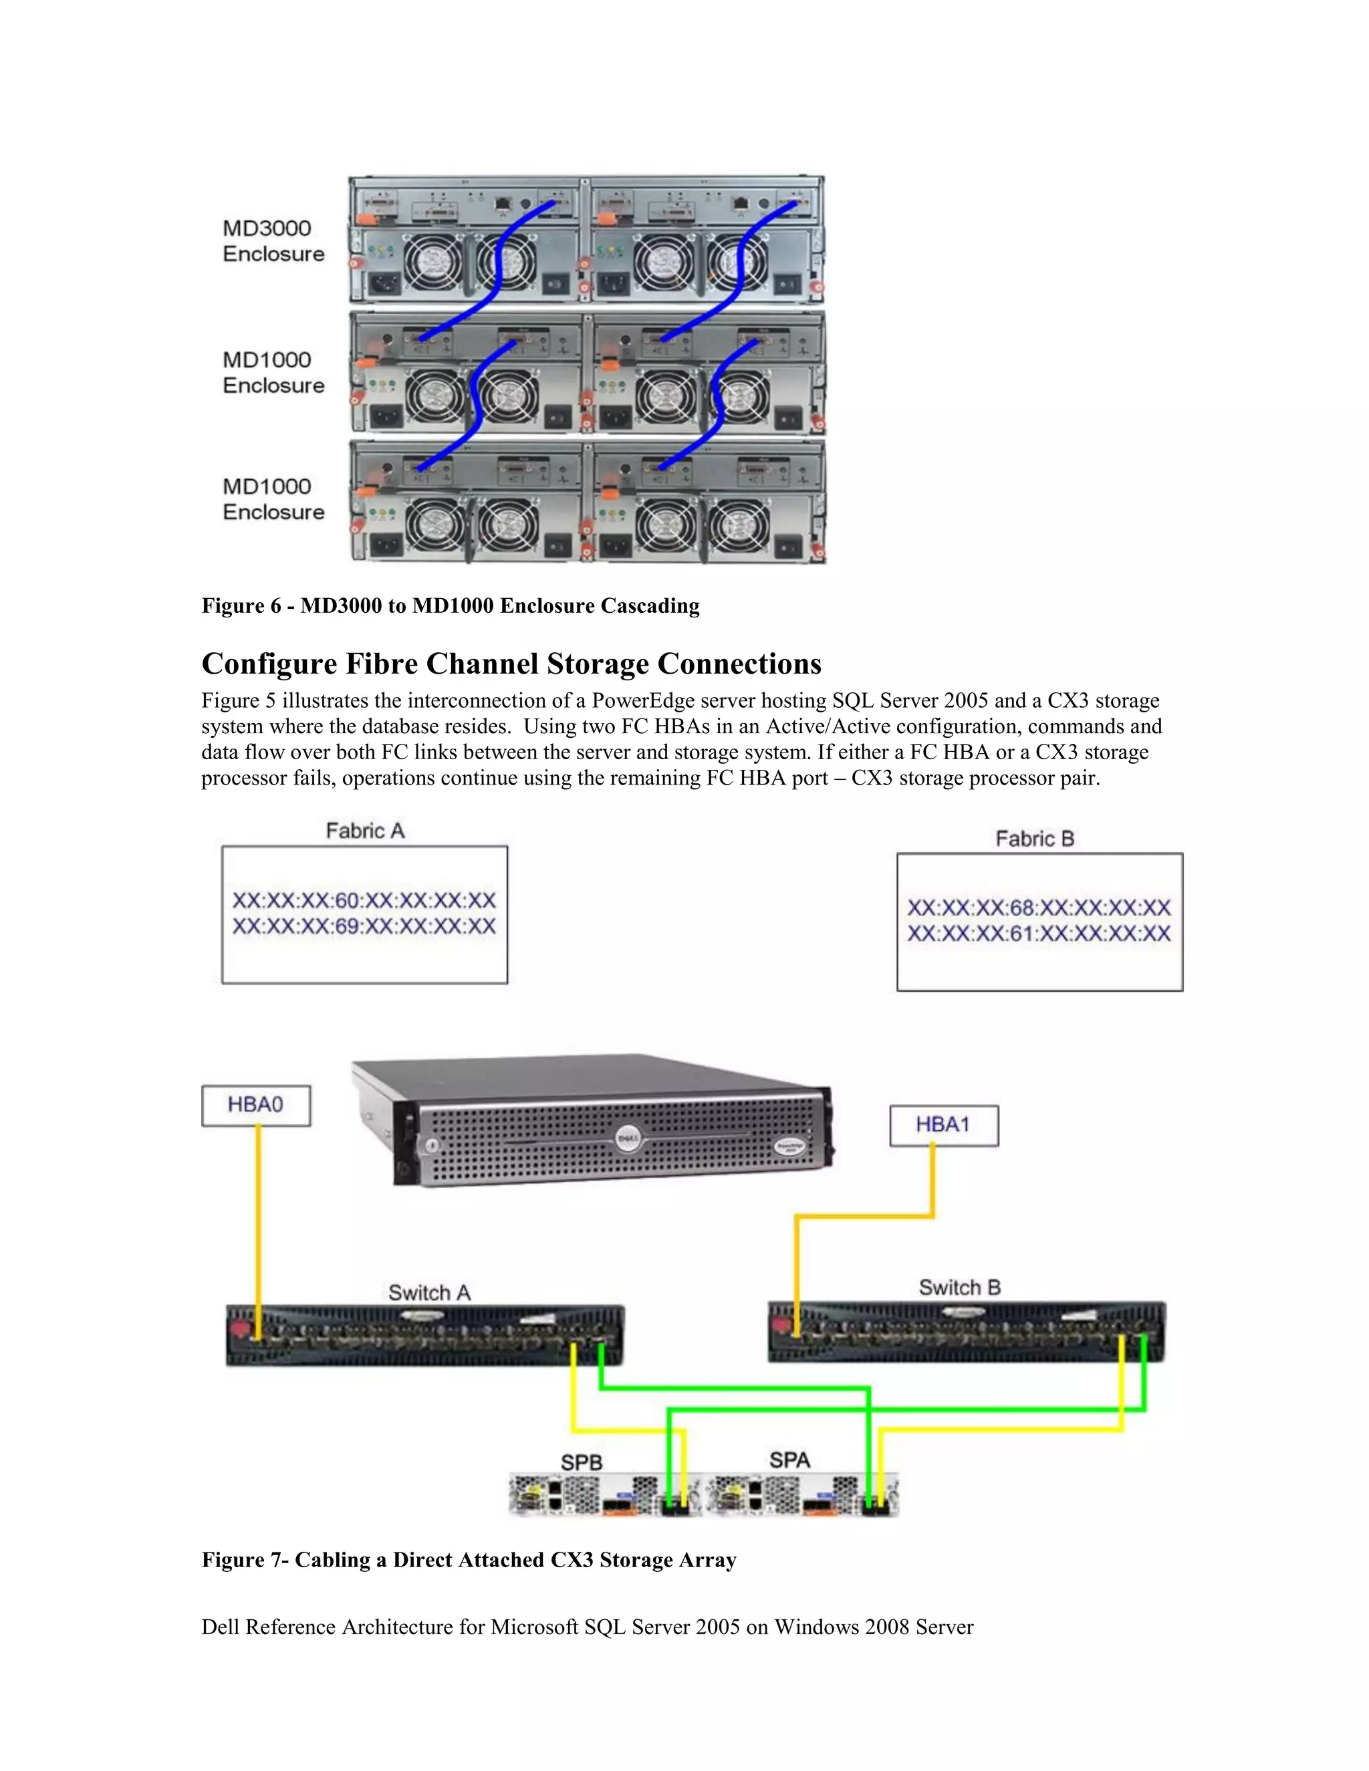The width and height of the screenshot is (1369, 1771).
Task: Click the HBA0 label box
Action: (255, 1105)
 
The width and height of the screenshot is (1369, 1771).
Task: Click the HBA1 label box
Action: (943, 1125)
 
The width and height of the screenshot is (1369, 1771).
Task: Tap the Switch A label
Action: (429, 1292)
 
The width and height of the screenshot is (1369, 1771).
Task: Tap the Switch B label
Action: (959, 1288)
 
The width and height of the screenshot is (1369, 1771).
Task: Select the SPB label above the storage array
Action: (582, 1462)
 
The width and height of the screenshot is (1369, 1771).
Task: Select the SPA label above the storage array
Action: (789, 1460)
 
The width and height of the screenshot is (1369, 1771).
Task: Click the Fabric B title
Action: (1035, 839)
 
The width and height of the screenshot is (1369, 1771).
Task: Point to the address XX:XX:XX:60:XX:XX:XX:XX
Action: (364, 901)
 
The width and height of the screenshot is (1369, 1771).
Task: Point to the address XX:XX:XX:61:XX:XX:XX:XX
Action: (1039, 934)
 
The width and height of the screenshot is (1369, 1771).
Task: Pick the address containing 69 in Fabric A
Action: (364, 927)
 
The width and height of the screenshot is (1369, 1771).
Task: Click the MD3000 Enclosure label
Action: (273, 241)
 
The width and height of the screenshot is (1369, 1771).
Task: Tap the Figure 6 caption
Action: (450, 605)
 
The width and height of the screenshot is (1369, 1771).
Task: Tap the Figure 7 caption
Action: (469, 1560)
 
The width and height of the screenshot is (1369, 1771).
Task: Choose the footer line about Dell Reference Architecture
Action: (587, 1627)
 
